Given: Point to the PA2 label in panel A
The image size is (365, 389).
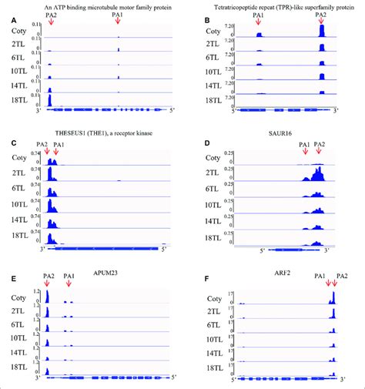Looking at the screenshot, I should (x=51, y=15).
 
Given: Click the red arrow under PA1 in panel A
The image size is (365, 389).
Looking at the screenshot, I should (x=118, y=26).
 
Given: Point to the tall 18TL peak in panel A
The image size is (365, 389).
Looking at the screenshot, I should (x=49, y=100).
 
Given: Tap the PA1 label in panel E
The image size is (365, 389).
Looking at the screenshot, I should (x=68, y=276).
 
